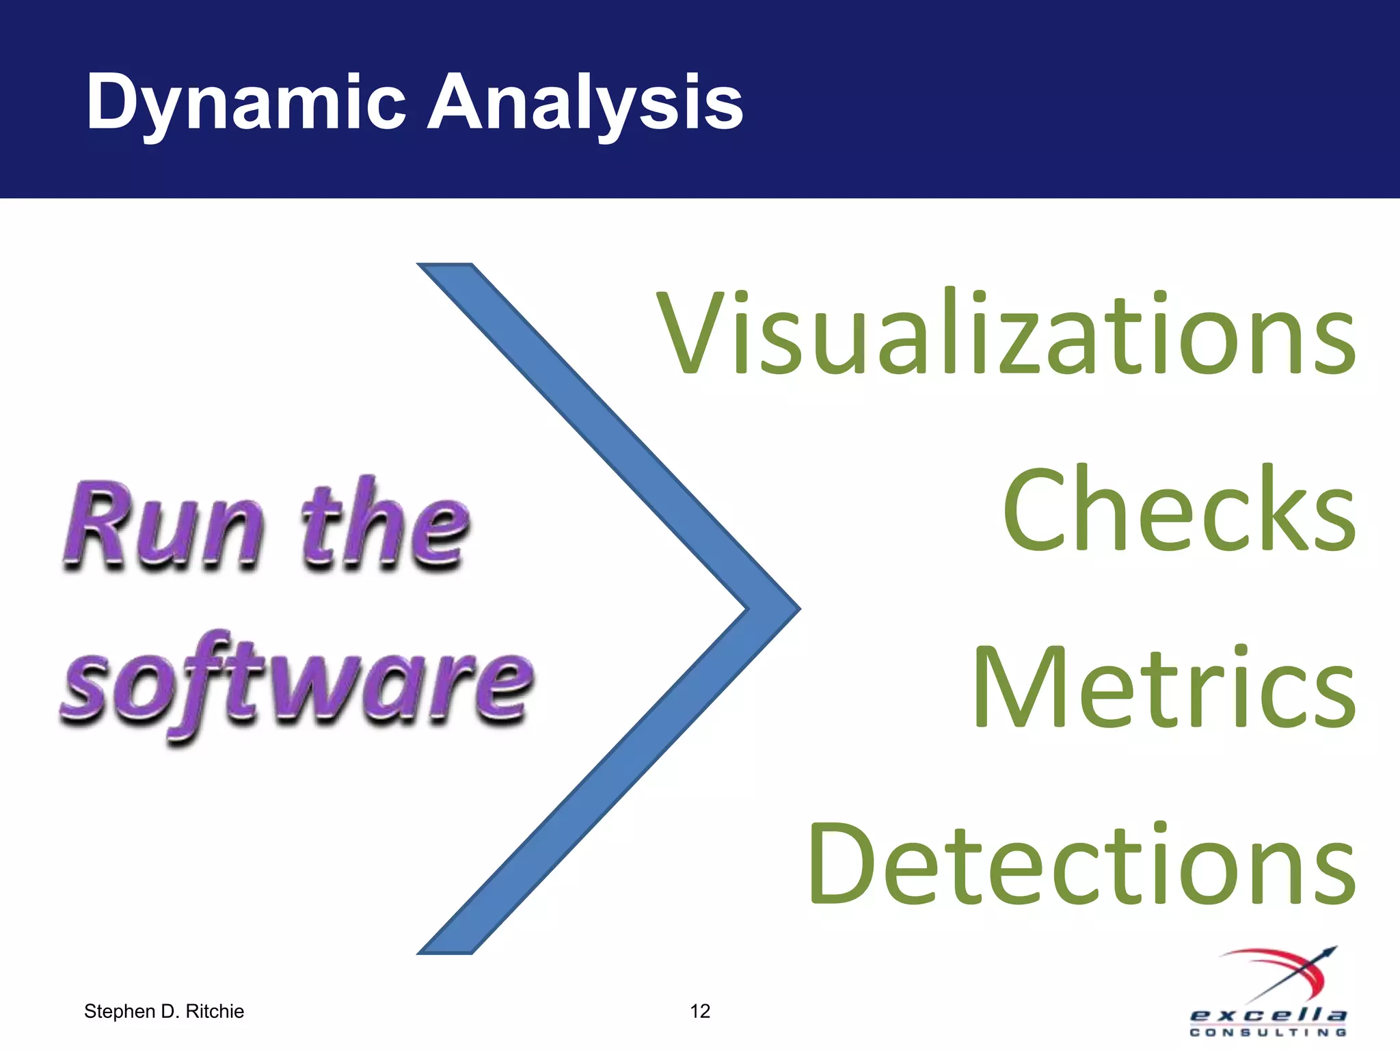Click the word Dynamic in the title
point(245,103)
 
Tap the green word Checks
point(1179,509)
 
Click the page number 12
point(700,1011)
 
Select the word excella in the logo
point(1268,1015)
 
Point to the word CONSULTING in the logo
point(1268,1032)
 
